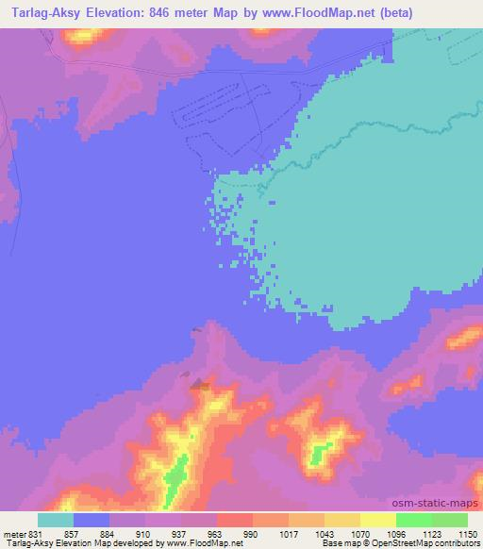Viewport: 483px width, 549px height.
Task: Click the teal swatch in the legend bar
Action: point(56,520)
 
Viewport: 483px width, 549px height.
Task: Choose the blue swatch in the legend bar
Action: point(92,520)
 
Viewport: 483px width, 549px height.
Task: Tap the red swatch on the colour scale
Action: point(235,520)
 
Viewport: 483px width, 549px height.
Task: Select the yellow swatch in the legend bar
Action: point(342,520)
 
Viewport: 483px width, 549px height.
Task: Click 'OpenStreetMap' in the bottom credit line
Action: point(391,543)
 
